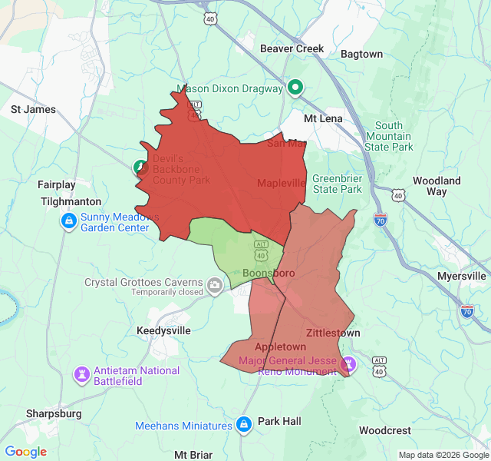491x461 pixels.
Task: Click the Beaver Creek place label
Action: (x=292, y=48)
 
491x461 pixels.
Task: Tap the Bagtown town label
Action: (x=361, y=54)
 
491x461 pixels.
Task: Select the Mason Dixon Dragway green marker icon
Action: (x=295, y=88)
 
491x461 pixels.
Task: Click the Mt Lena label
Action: (x=323, y=118)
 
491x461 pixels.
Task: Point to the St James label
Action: (x=33, y=109)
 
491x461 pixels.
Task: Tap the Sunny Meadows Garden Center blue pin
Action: (x=68, y=222)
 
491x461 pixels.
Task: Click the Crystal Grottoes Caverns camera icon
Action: (x=215, y=287)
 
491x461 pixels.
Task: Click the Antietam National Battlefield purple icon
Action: (x=81, y=375)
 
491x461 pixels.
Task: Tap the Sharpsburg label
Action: (x=54, y=413)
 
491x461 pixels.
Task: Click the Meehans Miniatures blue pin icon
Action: (x=244, y=425)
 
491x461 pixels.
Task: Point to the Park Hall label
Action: (x=279, y=421)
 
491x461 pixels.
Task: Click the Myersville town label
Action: (x=461, y=276)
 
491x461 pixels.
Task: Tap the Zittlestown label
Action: (x=333, y=333)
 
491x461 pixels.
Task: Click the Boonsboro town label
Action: (x=269, y=273)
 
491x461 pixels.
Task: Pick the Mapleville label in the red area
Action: (x=281, y=183)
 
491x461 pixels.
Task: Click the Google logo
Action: (x=26, y=452)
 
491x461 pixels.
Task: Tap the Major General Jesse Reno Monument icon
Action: (x=349, y=362)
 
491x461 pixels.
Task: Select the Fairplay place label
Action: (x=57, y=184)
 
